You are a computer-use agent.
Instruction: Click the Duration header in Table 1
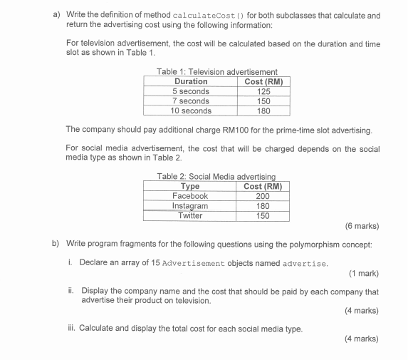(x=190, y=82)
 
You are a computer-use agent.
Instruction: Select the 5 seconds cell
(x=190, y=92)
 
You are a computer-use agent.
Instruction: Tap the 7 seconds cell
(x=190, y=101)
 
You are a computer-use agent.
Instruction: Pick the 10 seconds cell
(x=190, y=111)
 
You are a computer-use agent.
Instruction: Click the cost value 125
(x=263, y=92)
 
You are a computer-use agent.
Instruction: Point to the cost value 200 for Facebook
(x=263, y=196)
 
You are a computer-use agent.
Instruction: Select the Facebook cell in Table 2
(x=190, y=196)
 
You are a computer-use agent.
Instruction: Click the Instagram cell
(x=190, y=206)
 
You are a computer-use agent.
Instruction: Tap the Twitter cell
(x=190, y=215)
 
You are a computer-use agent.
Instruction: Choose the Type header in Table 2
(x=190, y=187)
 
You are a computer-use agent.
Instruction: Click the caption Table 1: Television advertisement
(x=216, y=72)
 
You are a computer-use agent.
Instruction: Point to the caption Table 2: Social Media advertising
(x=216, y=177)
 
